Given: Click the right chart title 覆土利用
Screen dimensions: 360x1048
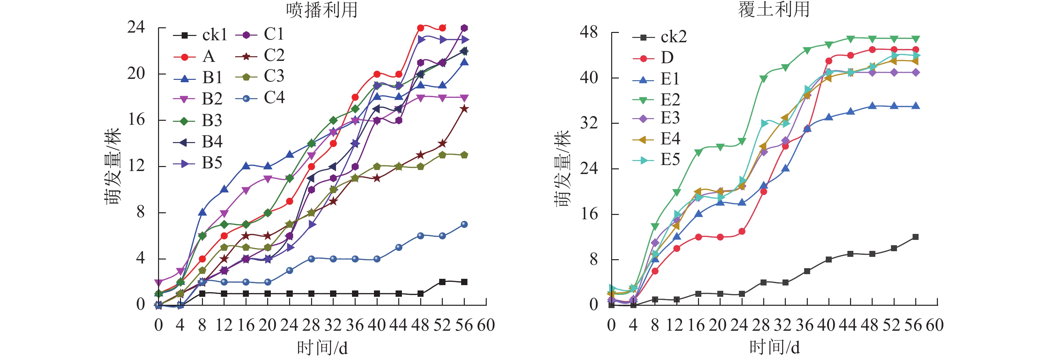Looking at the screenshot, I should coord(774,9).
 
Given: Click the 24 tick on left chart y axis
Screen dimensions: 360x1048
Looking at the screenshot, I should coord(136,28).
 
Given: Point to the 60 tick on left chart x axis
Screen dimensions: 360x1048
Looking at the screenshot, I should coord(486,325).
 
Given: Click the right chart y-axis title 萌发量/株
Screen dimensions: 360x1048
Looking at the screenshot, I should coord(563,169).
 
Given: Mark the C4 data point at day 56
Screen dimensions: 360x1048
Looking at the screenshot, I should coord(464,225).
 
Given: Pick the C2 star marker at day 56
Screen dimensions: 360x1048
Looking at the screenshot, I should coord(464,109).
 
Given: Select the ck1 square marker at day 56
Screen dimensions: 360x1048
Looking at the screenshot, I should coord(464,282).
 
